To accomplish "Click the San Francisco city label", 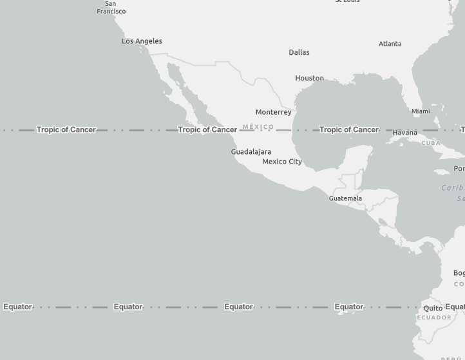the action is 111,8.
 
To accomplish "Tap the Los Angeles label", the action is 142,41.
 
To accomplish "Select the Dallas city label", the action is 299,52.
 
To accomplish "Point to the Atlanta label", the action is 390,44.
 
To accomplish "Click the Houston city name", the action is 309,78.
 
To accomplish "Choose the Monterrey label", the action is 273,112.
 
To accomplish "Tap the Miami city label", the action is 421,111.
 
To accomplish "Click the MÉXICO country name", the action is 258,127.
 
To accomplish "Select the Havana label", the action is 404,133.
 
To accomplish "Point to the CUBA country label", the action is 431,143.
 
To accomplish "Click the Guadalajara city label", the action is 251,152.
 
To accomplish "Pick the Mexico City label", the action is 282,162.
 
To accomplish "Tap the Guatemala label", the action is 345,198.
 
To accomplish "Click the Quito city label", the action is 433,308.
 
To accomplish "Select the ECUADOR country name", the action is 434,317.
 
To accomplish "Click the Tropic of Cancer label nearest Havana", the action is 348,129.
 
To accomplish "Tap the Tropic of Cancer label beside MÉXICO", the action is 207,129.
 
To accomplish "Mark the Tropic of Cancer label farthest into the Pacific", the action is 66,129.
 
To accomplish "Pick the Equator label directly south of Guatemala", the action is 349,307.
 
